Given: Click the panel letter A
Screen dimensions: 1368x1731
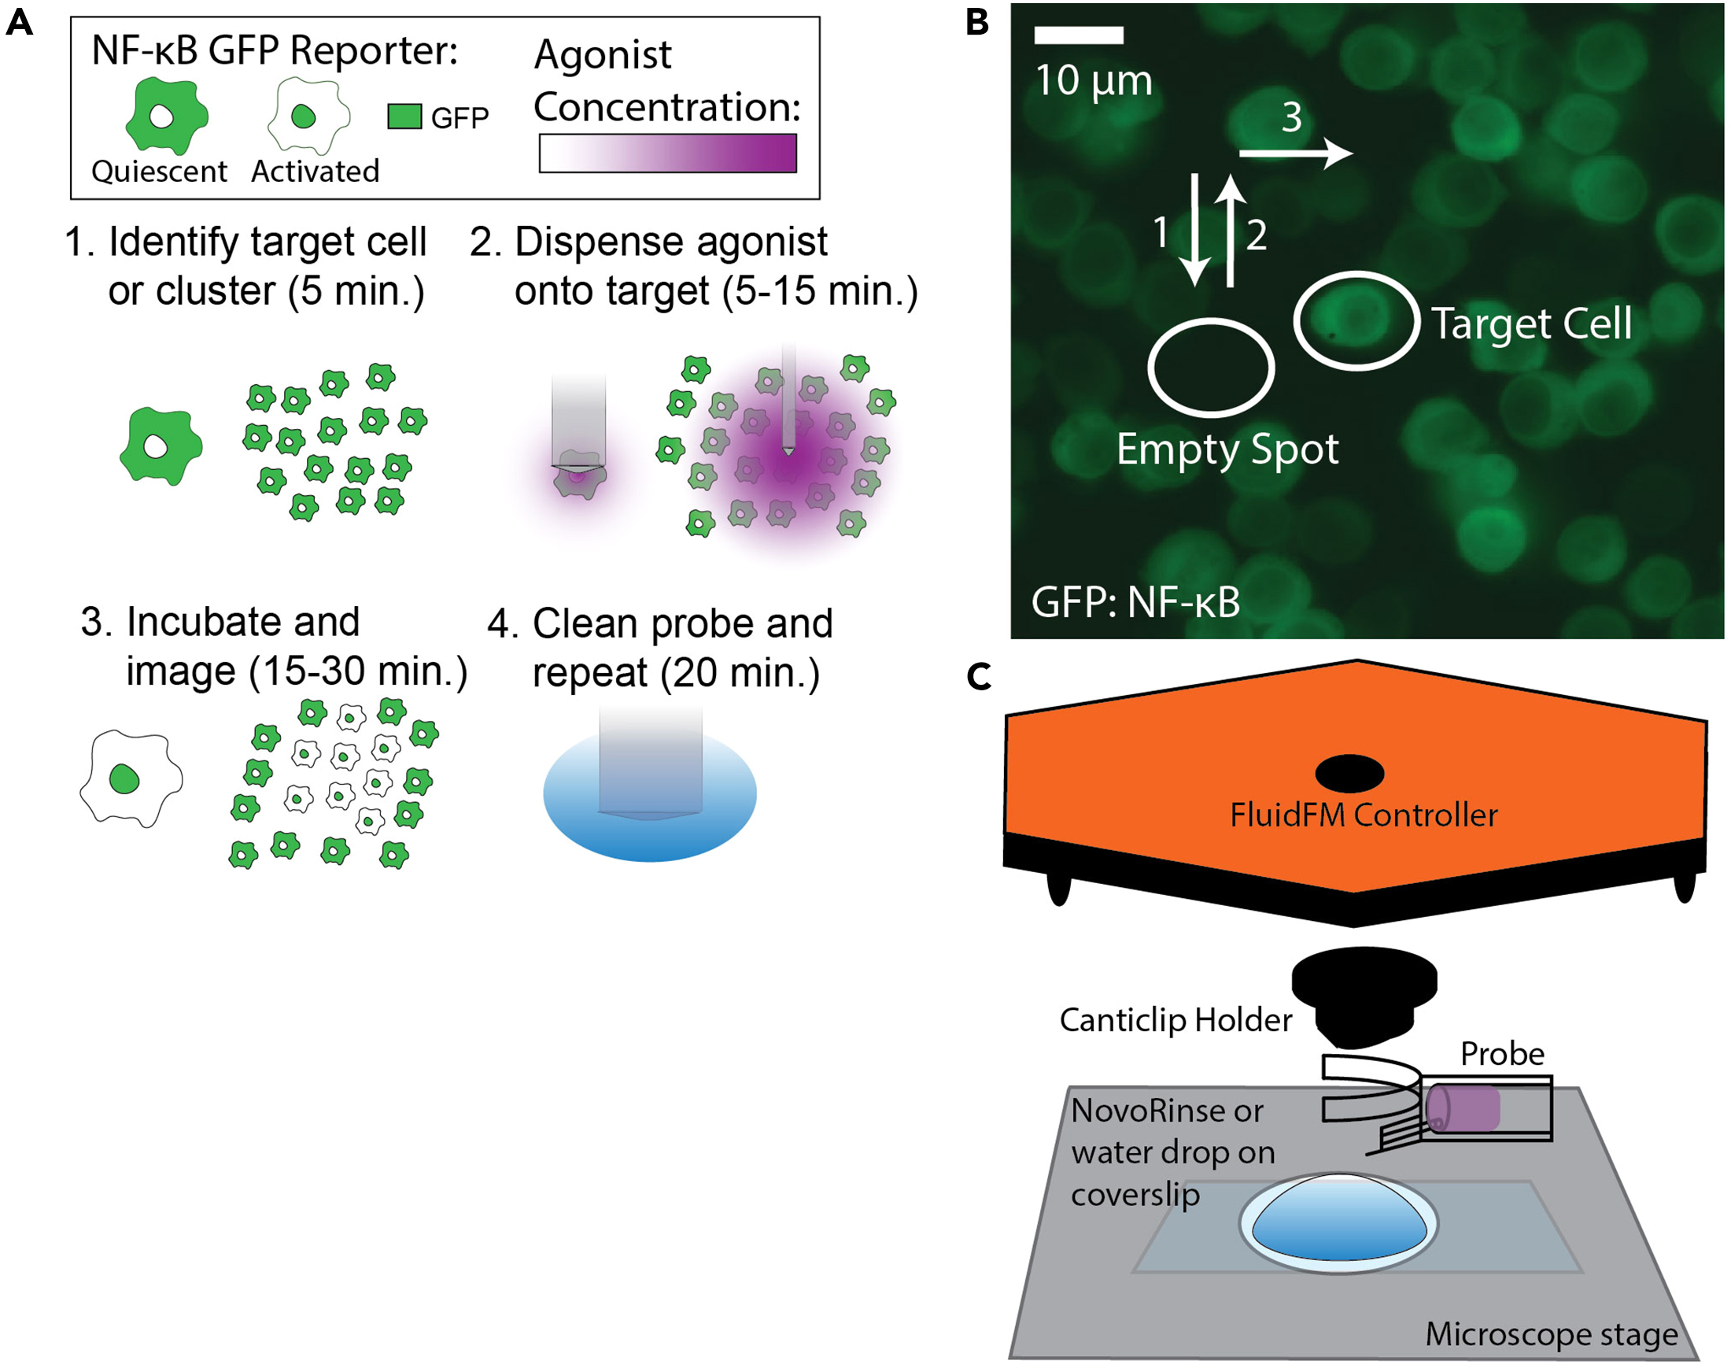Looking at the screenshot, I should [19, 22].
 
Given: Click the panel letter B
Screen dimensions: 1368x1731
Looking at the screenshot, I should [977, 22].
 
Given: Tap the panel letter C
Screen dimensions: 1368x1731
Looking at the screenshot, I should [979, 678].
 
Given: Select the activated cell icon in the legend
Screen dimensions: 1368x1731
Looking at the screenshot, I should [308, 117].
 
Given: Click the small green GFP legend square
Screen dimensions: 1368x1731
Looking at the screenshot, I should [404, 117].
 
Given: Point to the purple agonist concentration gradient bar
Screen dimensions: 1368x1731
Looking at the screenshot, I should [668, 153].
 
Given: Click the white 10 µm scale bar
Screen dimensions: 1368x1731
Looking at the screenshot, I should [1079, 35].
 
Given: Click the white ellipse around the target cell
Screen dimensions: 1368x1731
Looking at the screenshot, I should [1356, 320].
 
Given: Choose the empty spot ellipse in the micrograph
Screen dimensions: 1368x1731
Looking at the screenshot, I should [1211, 368].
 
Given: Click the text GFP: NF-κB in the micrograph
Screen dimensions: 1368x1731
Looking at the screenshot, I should [1135, 602].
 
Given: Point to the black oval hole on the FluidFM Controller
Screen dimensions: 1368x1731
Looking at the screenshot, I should [1350, 773].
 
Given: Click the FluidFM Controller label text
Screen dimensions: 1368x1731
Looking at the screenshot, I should [1364, 815].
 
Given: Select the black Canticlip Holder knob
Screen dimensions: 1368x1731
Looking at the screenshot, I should [1364, 996].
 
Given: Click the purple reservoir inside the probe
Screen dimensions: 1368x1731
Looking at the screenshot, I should [1463, 1108].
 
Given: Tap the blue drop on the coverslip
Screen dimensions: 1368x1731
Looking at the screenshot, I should [1338, 1220].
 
